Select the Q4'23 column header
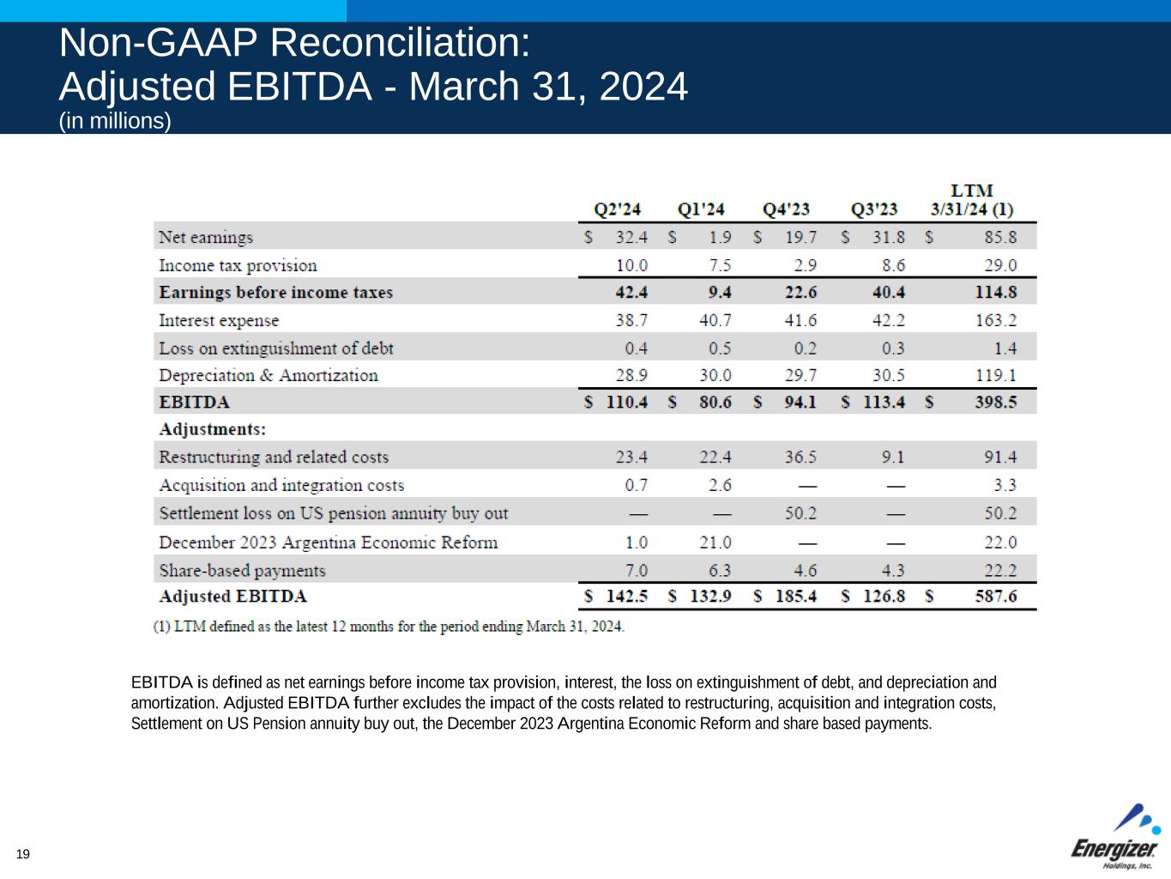click(786, 209)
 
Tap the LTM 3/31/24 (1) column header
click(972, 200)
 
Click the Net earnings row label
click(206, 237)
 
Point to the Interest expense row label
click(219, 320)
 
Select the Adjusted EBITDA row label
click(232, 597)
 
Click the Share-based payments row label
click(242, 570)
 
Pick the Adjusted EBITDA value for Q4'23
click(795, 597)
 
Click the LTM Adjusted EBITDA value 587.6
click(996, 597)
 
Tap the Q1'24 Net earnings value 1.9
click(720, 237)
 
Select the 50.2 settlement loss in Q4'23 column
click(800, 513)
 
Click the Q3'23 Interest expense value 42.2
click(888, 320)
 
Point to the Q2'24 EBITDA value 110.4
click(626, 402)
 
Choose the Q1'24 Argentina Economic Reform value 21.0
click(715, 543)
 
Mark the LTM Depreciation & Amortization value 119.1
click(996, 375)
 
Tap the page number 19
click(23, 853)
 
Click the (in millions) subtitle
click(115, 121)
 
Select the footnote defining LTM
click(389, 626)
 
